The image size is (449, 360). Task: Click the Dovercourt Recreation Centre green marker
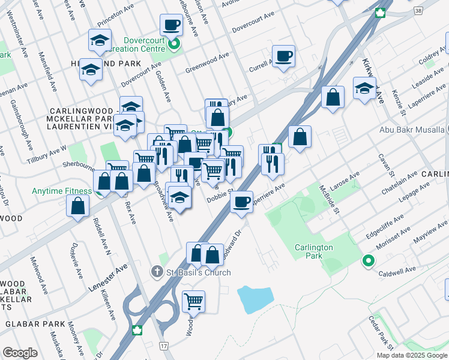click(174, 44)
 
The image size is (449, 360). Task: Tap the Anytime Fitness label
click(62, 192)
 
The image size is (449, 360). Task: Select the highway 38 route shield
click(418, 10)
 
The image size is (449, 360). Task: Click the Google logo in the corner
click(20, 353)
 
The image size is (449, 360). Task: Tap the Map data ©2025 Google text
click(412, 355)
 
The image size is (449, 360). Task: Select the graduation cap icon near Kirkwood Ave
click(364, 88)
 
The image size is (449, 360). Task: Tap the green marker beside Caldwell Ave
click(367, 261)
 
